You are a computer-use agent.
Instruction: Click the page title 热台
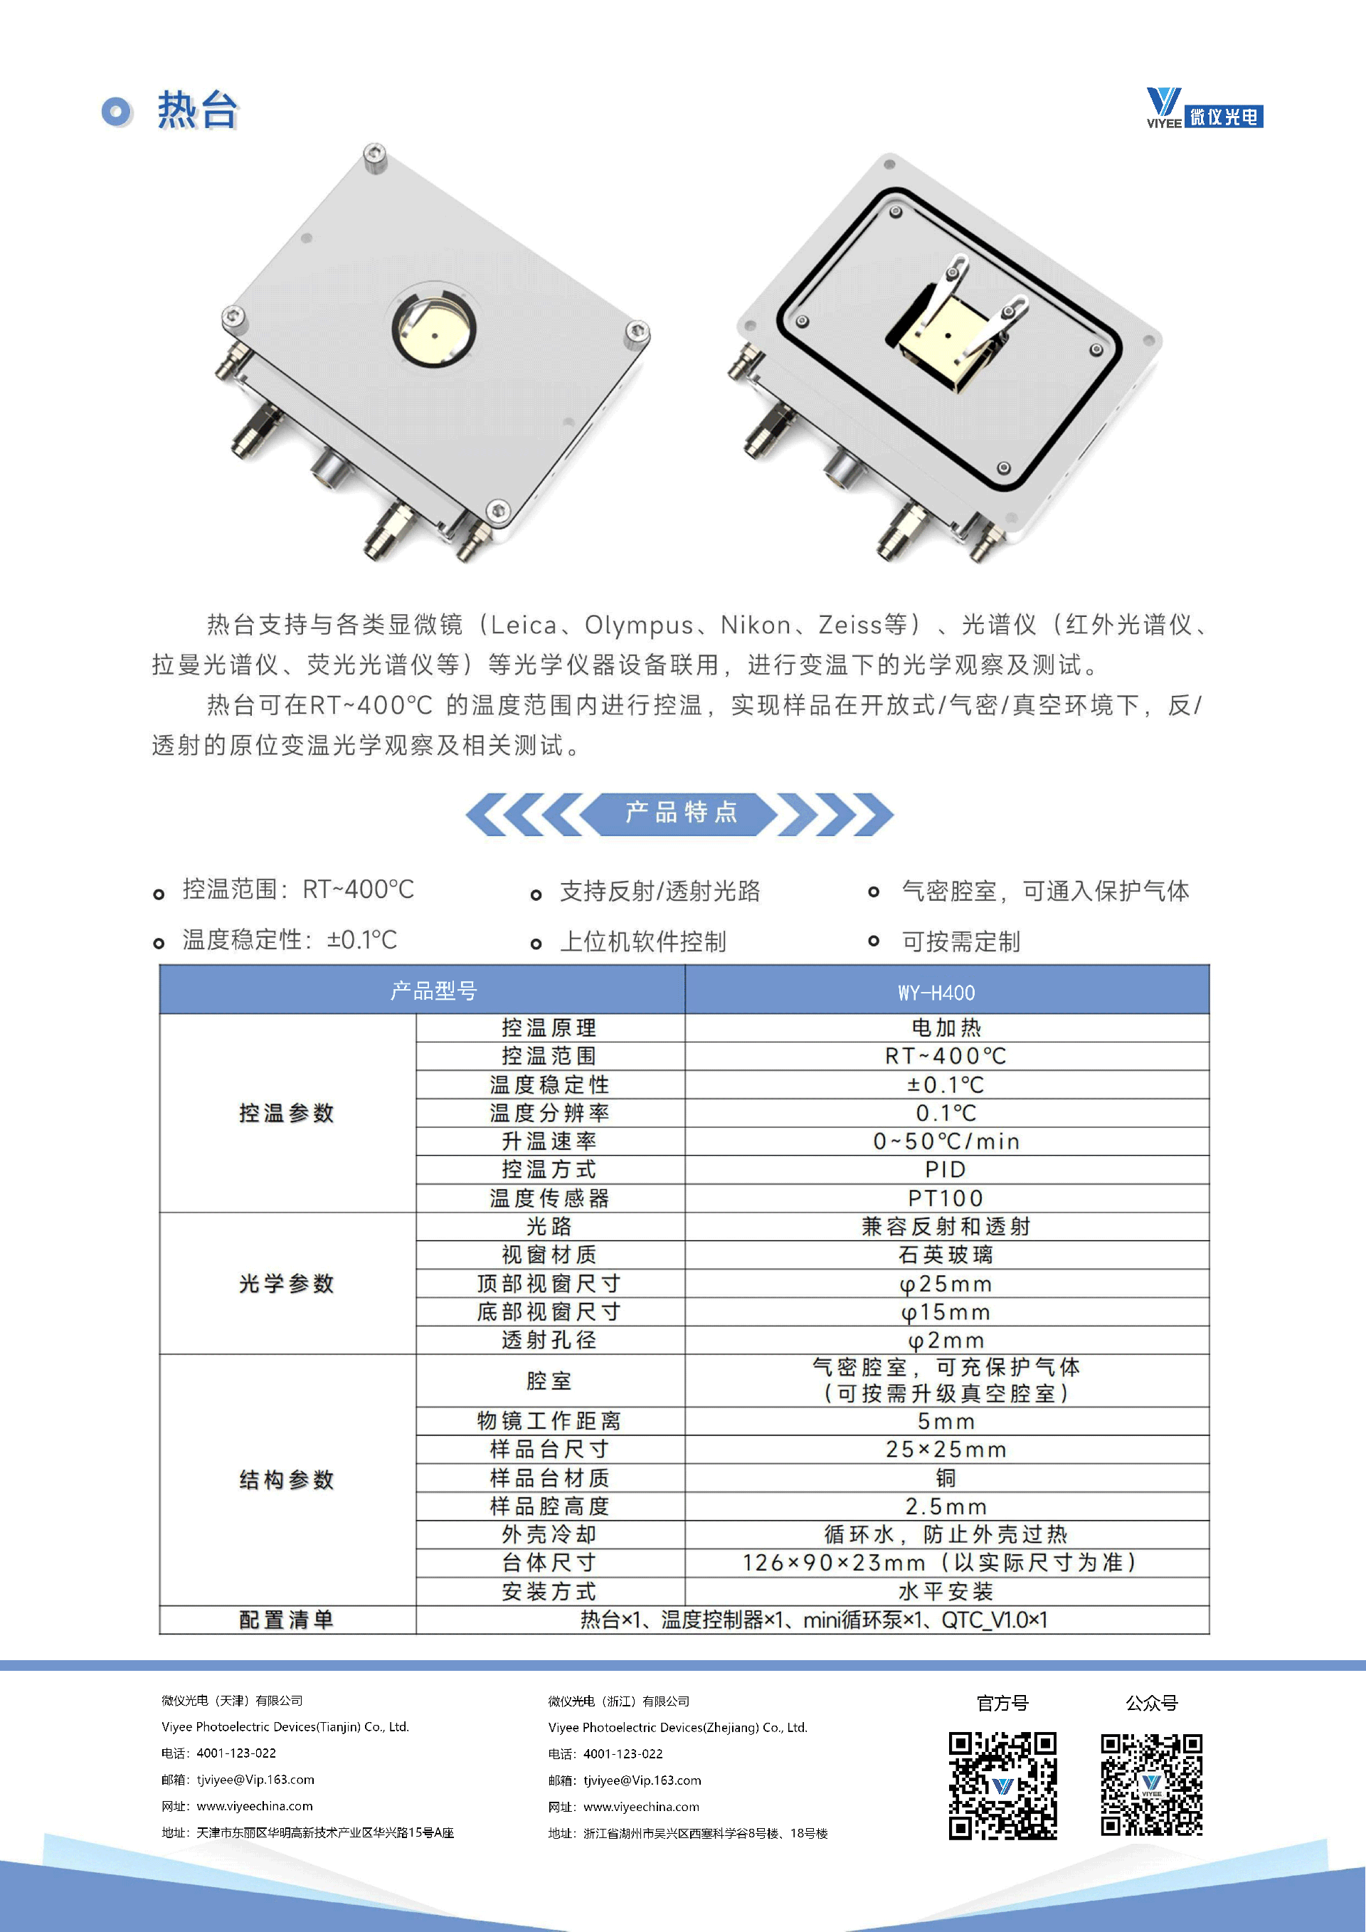coord(198,110)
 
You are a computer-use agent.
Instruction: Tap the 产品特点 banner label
coord(682,813)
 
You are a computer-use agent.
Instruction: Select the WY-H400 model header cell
coord(947,991)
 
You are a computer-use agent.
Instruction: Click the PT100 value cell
coord(947,1198)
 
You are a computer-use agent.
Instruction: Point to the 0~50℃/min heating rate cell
coord(947,1141)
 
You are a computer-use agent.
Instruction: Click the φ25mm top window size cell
coord(947,1284)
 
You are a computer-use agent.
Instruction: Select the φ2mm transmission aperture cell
coord(947,1341)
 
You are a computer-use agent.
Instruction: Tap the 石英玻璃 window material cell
coord(947,1255)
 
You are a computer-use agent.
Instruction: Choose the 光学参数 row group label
coord(287,1283)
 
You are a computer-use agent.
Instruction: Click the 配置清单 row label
coord(287,1620)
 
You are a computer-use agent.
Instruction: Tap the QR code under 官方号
coord(1002,1785)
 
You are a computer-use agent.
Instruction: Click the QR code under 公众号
coord(1152,1784)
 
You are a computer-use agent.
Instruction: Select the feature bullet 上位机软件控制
coord(643,941)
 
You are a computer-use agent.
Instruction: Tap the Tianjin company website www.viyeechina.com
coord(255,1806)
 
